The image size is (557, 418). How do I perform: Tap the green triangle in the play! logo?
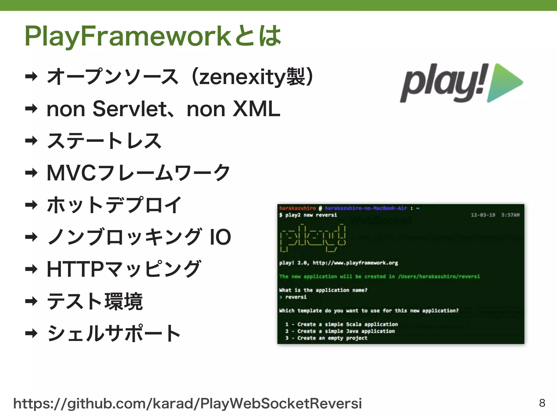[503, 82]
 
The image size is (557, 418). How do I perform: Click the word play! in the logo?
[443, 83]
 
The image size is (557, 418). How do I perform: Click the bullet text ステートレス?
[104, 141]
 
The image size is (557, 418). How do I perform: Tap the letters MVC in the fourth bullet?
[71, 173]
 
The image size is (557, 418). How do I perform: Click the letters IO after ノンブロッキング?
[220, 237]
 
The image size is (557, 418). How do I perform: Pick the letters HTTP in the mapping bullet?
[75, 269]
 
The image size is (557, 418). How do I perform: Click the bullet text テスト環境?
[95, 301]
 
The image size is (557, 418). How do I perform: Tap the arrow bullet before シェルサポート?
[31, 333]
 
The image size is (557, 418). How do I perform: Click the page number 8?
[542, 403]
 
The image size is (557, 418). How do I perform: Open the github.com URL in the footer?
[187, 403]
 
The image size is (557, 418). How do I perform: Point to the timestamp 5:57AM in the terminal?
[510, 215]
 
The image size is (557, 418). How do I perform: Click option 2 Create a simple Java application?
[340, 331]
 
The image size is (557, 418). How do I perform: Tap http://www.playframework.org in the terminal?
[355, 263]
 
